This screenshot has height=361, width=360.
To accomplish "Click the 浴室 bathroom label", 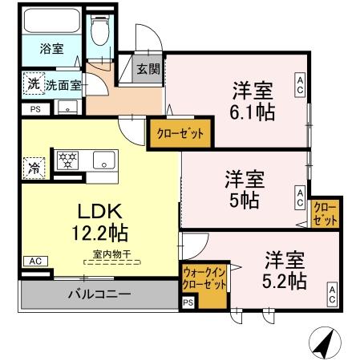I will (51, 49).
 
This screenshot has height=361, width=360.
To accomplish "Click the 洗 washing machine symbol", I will (33, 83).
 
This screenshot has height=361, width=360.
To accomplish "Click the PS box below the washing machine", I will (34, 109).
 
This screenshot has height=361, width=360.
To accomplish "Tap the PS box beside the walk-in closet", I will (188, 302).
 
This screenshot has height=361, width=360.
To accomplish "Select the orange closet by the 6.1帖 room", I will (180, 133).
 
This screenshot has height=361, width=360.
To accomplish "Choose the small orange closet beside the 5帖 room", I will (325, 214).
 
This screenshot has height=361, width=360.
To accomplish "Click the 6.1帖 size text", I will (255, 112).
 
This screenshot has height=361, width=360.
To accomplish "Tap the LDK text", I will (99, 212).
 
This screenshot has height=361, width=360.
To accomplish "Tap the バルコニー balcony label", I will (99, 294).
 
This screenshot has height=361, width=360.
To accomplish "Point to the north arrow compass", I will (324, 343).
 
